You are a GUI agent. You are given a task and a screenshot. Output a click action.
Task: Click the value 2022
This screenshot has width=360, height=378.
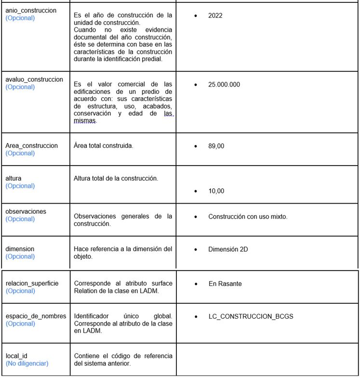coord(215,16)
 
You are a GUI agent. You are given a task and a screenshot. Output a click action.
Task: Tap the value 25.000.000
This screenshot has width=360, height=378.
coord(224,84)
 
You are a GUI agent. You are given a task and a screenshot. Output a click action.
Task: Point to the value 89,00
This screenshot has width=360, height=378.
coord(216,146)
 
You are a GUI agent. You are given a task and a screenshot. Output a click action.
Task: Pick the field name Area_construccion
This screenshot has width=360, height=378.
coord(32,145)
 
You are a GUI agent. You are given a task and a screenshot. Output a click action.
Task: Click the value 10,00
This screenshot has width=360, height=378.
coord(216,191)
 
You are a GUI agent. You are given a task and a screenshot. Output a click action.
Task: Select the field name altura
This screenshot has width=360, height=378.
coord(13,178)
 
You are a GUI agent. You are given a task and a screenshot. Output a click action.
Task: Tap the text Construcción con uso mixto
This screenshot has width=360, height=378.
coord(248,217)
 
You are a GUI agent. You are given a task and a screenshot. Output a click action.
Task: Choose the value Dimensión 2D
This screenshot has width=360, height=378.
coord(228,249)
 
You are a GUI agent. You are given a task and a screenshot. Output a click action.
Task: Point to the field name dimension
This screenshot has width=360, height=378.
coord(20,249)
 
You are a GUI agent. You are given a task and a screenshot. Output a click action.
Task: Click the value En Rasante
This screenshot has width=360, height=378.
coord(225,284)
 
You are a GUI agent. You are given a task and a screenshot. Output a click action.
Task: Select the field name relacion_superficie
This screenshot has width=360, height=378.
coord(32,283)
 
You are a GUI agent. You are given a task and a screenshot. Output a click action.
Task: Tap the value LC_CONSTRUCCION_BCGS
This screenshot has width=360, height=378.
coord(251,316)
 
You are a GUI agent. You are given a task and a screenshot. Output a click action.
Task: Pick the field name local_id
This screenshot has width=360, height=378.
coord(16,356)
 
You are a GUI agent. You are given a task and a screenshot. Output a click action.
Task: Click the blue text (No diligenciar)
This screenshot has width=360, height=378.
coord(27,364)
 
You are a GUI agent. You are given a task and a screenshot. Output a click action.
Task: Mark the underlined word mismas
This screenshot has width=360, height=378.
coord(85,121)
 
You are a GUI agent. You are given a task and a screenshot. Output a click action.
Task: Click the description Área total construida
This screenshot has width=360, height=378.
coord(104,145)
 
